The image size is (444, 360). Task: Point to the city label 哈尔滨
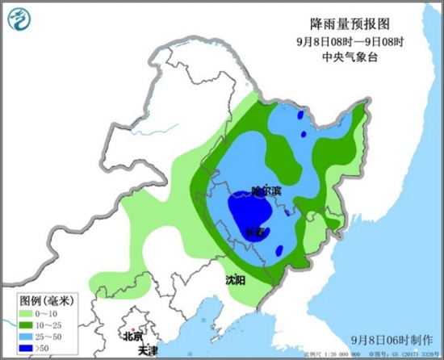(x=264, y=191)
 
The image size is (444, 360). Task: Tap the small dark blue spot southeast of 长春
(x=279, y=250)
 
